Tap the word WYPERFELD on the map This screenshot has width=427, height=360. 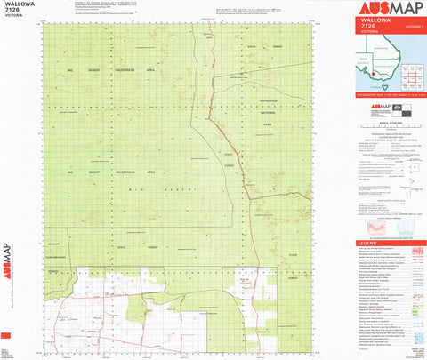click(x=268, y=100)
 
